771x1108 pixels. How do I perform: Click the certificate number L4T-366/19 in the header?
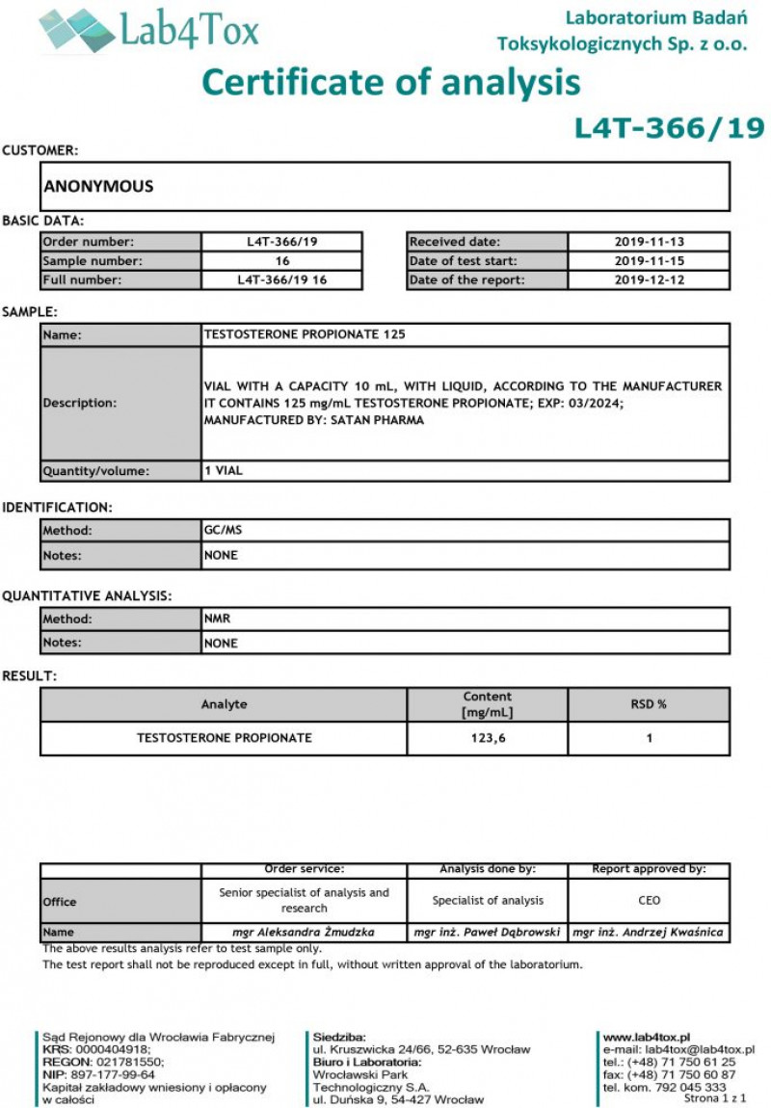669,128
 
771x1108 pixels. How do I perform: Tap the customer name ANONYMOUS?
98,187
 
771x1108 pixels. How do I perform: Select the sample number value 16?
282,261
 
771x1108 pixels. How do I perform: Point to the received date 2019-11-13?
649,242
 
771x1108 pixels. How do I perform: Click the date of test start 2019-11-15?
649,261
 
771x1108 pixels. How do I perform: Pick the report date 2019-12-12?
649,280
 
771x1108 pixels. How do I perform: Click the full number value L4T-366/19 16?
282,280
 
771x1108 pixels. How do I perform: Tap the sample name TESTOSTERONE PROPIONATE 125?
305,334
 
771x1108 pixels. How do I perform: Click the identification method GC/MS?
218,530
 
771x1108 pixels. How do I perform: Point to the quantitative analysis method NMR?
217,619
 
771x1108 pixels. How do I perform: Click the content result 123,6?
487,738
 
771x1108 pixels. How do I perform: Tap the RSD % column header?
649,704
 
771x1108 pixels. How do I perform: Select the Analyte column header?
224,704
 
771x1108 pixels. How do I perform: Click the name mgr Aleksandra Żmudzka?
304,933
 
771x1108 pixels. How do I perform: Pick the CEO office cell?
649,901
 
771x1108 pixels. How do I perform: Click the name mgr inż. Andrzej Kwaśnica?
649,933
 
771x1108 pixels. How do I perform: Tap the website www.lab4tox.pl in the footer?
646,1037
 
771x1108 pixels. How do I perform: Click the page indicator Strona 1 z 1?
715,1098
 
